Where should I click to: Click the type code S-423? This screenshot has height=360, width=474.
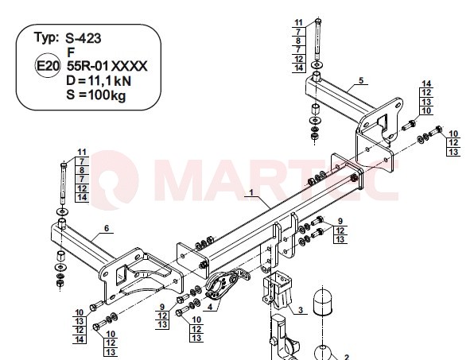click(x=84, y=38)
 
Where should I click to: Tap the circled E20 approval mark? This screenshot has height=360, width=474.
click(x=47, y=65)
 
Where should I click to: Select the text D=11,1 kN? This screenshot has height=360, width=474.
click(x=99, y=80)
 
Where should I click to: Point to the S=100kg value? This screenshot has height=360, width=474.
click(x=95, y=95)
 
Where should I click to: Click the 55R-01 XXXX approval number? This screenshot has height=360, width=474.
click(x=107, y=66)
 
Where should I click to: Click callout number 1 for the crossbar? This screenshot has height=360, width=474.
click(x=251, y=192)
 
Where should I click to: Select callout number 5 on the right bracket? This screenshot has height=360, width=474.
click(x=361, y=80)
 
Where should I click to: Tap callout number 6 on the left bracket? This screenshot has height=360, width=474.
click(x=107, y=228)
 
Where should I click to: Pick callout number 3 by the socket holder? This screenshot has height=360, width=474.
click(x=300, y=310)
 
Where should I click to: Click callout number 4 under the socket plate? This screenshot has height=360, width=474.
click(x=210, y=307)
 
